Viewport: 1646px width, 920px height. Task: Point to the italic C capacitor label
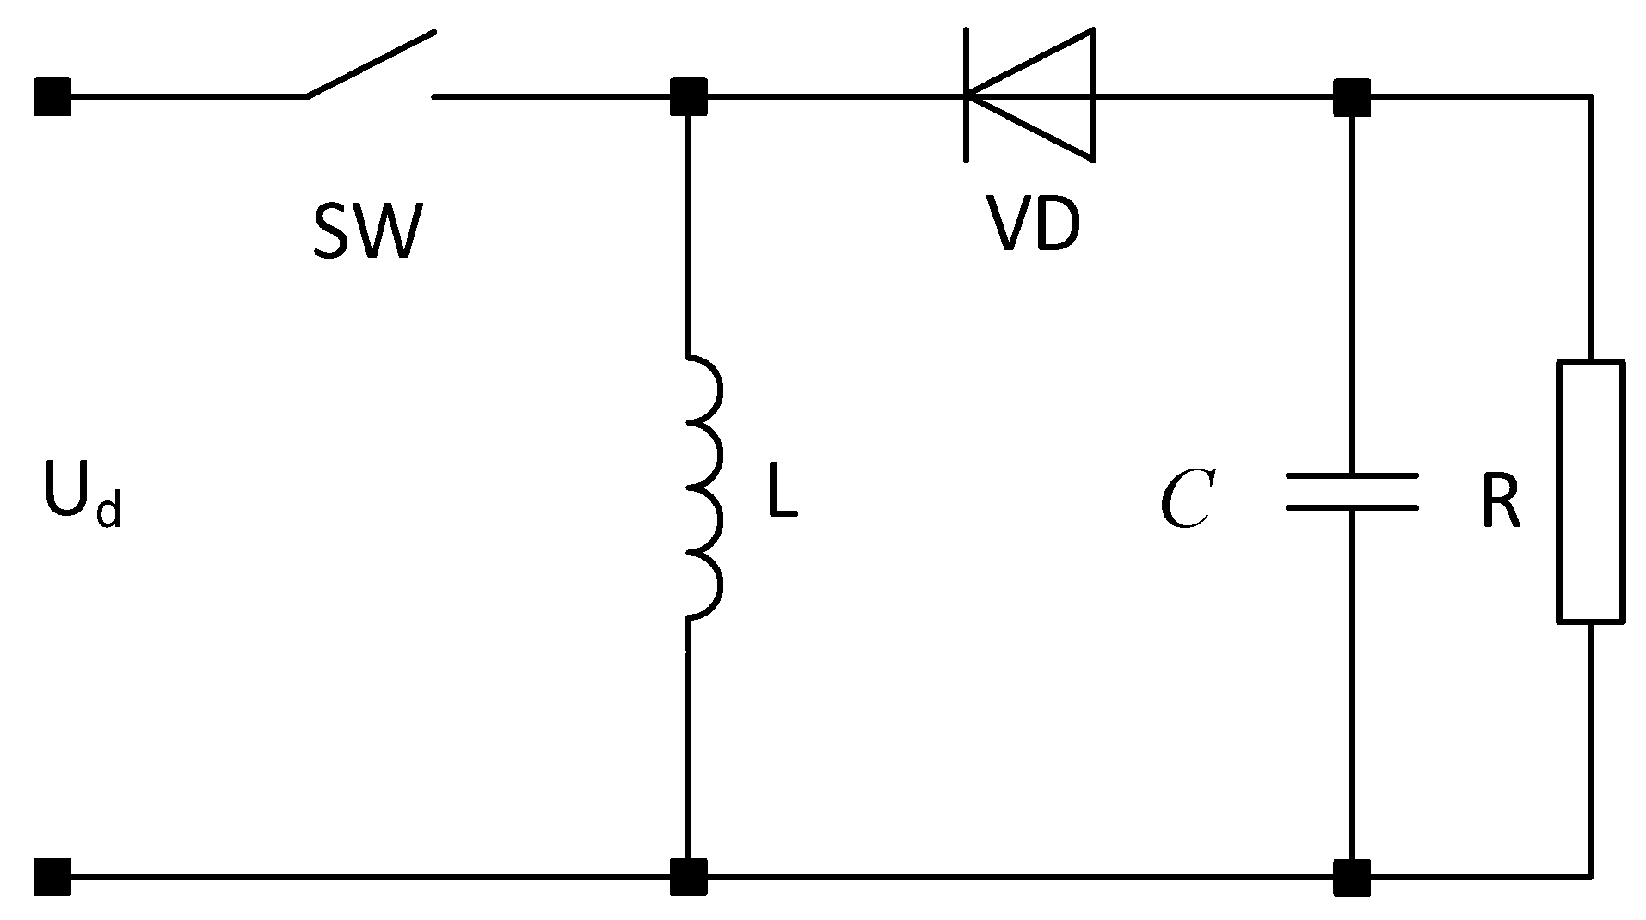click(1186, 500)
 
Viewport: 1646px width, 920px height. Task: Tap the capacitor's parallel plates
click(1352, 491)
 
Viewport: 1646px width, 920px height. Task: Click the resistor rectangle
click(1590, 491)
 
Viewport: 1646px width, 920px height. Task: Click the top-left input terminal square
click(52, 96)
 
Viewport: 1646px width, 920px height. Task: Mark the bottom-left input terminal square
click(52, 876)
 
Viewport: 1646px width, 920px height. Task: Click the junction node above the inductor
click(688, 96)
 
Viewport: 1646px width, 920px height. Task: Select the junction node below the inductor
click(688, 876)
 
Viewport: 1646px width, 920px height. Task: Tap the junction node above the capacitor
click(1351, 96)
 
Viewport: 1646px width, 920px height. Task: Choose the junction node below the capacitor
click(1351, 876)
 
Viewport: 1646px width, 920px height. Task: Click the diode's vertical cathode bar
click(967, 95)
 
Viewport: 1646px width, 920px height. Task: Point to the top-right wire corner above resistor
click(1590, 97)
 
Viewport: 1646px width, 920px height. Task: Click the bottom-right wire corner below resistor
click(1590, 875)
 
